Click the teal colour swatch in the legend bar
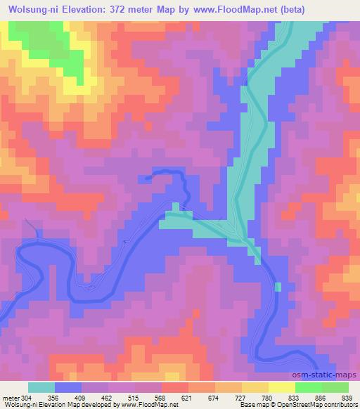pyautogui.click(x=41, y=387)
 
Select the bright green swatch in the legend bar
pyautogui.click(x=308, y=387)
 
